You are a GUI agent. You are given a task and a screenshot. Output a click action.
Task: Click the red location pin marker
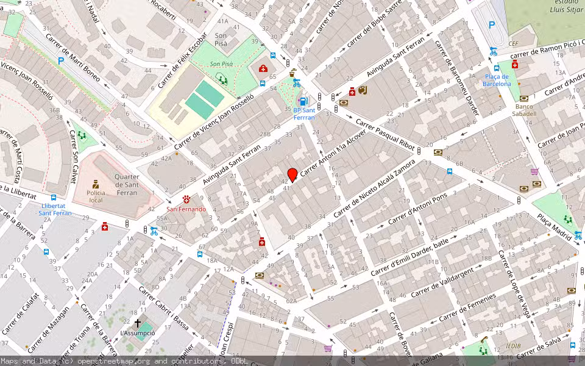pos(292,174)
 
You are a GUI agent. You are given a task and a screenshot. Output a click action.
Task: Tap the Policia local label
pos(96,196)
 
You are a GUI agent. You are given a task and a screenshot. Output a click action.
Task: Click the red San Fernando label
pos(186,209)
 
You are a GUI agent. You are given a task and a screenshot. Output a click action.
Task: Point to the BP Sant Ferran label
pos(304,113)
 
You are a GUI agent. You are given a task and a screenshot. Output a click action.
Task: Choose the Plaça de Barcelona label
pos(498,80)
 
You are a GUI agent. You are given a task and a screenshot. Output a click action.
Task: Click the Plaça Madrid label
pos(554,227)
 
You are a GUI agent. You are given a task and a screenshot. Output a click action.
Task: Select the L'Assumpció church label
pos(137,333)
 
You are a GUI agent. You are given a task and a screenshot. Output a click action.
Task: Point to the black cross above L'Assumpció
pos(137,323)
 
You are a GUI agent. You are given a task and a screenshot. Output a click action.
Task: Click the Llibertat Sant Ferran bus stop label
pos(55,209)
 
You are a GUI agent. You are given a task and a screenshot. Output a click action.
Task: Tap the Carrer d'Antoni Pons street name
pos(417,209)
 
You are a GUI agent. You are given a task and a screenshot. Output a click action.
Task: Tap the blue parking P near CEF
pos(492,26)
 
